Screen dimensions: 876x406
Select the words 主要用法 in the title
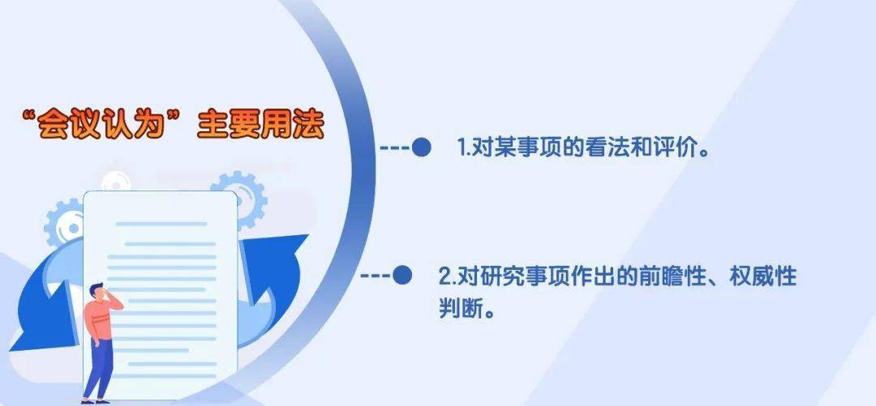point(261,125)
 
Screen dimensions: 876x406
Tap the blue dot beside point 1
point(421,147)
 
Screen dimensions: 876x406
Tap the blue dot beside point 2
point(402,275)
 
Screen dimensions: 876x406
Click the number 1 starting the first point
point(462,148)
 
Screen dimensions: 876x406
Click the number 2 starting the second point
point(444,276)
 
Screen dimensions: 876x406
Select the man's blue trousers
point(100,369)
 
